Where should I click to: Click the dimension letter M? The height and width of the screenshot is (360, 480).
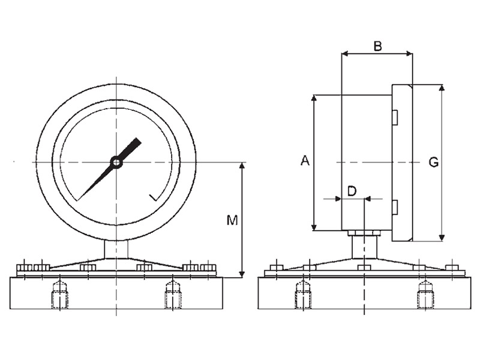[x=232, y=221]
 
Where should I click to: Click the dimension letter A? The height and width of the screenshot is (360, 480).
[x=304, y=161]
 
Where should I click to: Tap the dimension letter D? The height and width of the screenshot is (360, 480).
[x=352, y=191]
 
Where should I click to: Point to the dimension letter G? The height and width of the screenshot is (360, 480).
[x=434, y=162]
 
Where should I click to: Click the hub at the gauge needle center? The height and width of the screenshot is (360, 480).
[x=116, y=162]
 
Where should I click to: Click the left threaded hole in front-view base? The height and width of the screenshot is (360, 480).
[x=59, y=295]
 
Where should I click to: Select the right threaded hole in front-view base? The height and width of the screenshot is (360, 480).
[x=173, y=295]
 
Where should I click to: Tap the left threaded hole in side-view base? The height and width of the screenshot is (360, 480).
[x=302, y=295]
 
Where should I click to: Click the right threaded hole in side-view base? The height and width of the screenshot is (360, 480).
[x=425, y=295]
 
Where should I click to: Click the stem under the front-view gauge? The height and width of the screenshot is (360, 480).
[x=116, y=248]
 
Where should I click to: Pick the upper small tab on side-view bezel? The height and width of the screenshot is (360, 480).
[x=395, y=118]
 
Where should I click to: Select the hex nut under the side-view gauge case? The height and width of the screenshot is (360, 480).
[x=364, y=233]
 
